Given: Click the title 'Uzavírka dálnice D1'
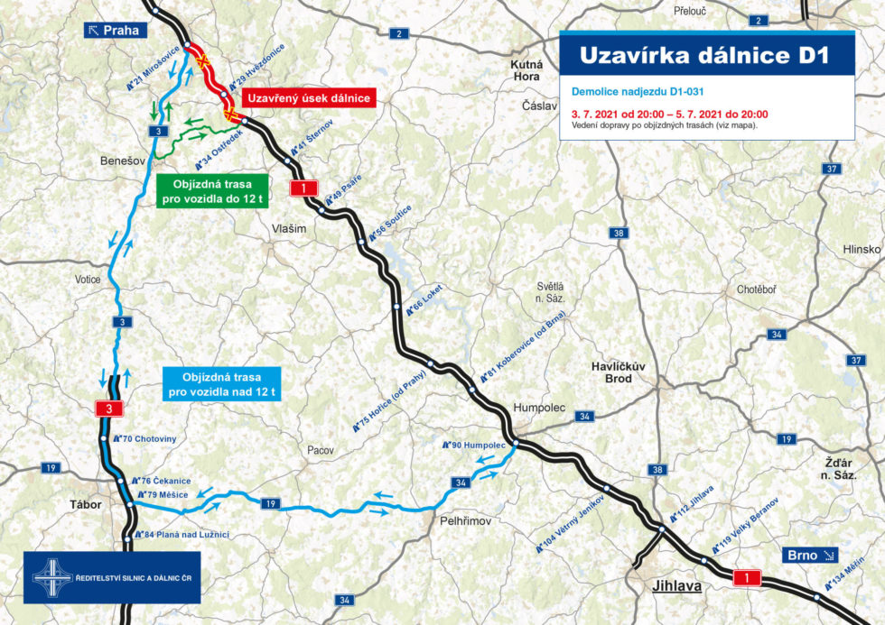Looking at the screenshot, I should coord(703,55).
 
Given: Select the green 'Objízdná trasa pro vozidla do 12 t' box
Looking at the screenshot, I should coord(213,190).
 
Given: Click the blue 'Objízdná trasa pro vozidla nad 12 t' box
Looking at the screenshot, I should coord(221,383).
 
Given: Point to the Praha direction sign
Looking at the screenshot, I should coord(114,30).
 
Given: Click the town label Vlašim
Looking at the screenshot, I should coord(290,229).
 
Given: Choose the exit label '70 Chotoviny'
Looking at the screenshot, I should coord(152,438).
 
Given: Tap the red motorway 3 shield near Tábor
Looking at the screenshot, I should coord(109,409).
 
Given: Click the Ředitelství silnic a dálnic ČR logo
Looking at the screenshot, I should coord(112,576).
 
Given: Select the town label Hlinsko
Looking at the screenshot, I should coord(861,249).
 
